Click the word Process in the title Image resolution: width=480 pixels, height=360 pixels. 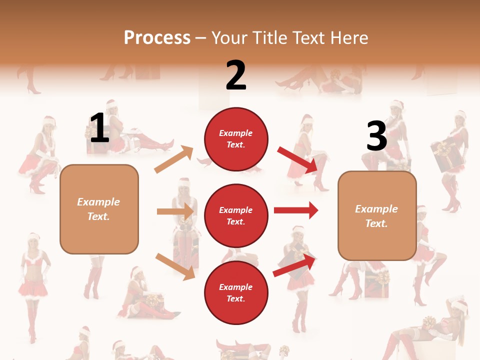pyautogui.click(x=157, y=38)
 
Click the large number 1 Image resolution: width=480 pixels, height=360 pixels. pyautogui.click(x=99, y=127)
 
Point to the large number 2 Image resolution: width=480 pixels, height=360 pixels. pyautogui.click(x=236, y=75)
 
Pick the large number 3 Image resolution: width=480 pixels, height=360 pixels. pyautogui.click(x=376, y=136)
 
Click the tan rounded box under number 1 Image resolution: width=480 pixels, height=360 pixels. pyautogui.click(x=99, y=209)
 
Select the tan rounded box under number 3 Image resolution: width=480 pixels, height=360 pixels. pyautogui.click(x=377, y=215)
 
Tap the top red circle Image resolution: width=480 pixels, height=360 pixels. pyautogui.click(x=236, y=139)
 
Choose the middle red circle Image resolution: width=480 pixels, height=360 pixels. pyautogui.click(x=236, y=215)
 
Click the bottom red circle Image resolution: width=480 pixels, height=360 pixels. pyautogui.click(x=236, y=292)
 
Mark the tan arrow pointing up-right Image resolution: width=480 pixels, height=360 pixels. pyautogui.click(x=173, y=159)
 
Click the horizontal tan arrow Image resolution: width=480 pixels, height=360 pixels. pyautogui.click(x=175, y=211)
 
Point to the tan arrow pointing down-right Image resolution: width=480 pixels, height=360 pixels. pyautogui.click(x=174, y=266)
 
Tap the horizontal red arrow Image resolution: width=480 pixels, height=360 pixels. pyautogui.click(x=295, y=210)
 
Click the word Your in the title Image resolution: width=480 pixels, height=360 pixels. pyautogui.click(x=229, y=38)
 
